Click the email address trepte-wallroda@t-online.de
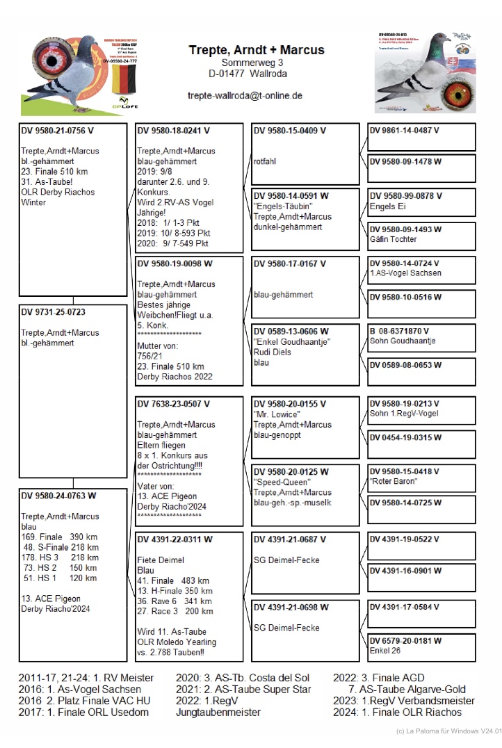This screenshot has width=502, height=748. click(245, 96)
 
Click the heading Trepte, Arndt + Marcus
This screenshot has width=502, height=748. click(257, 50)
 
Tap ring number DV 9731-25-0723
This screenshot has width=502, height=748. click(54, 312)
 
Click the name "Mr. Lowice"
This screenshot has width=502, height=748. click(277, 414)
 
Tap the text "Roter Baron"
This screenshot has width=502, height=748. click(394, 481)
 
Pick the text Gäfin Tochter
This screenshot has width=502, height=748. click(394, 239)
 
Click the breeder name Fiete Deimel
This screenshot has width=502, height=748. click(161, 560)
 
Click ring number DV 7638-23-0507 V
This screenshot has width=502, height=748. click(173, 403)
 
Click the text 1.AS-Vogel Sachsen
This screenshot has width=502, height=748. click(405, 273)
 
